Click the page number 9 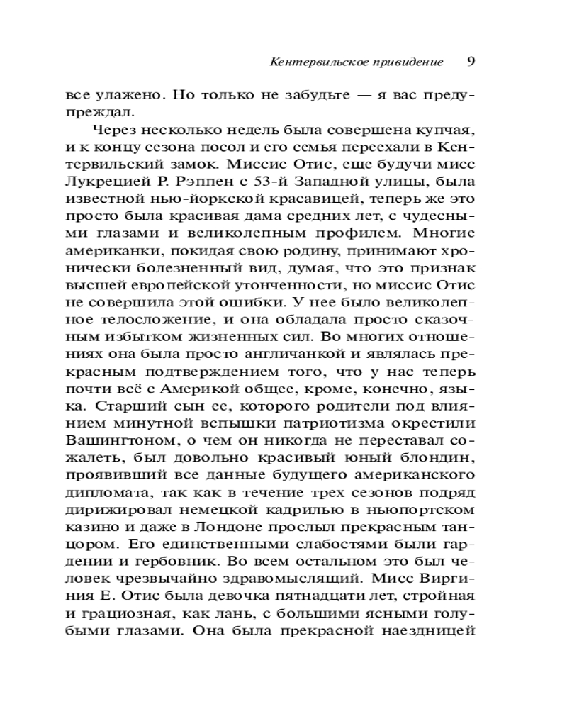[471, 61]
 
